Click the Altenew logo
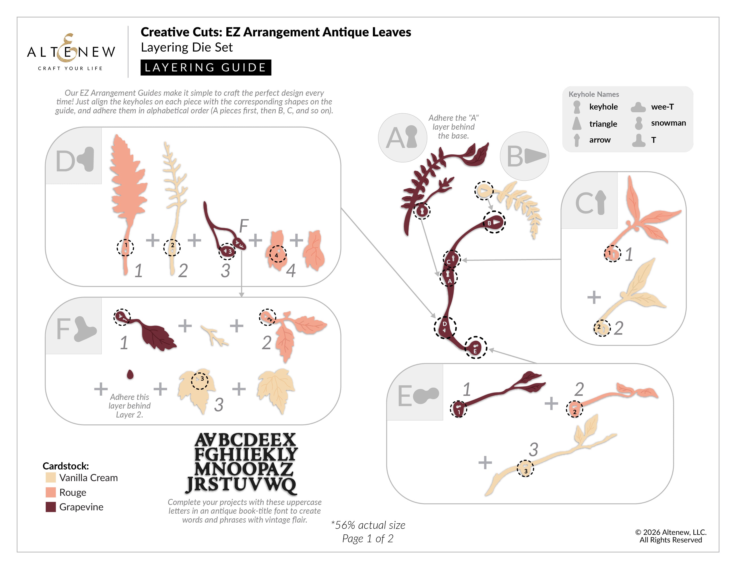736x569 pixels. tap(71, 52)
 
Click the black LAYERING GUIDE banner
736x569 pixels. tap(206, 67)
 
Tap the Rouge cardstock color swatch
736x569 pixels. tap(51, 492)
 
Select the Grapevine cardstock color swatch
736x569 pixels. tap(51, 507)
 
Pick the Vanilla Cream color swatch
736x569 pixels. tap(51, 478)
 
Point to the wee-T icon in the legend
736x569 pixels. tap(638, 107)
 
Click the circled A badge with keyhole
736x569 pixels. tap(402, 137)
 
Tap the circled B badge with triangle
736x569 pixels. tap(524, 156)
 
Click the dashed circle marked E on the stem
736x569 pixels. tap(476, 347)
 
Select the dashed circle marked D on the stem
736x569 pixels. tap(445, 327)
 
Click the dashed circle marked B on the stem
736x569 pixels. tap(494, 222)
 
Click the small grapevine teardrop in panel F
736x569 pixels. tap(130, 374)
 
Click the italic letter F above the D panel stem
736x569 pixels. tap(243, 226)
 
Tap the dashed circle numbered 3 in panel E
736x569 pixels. tap(525, 469)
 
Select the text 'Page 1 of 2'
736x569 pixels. tap(368, 538)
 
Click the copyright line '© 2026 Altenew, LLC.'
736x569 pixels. tap(671, 532)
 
